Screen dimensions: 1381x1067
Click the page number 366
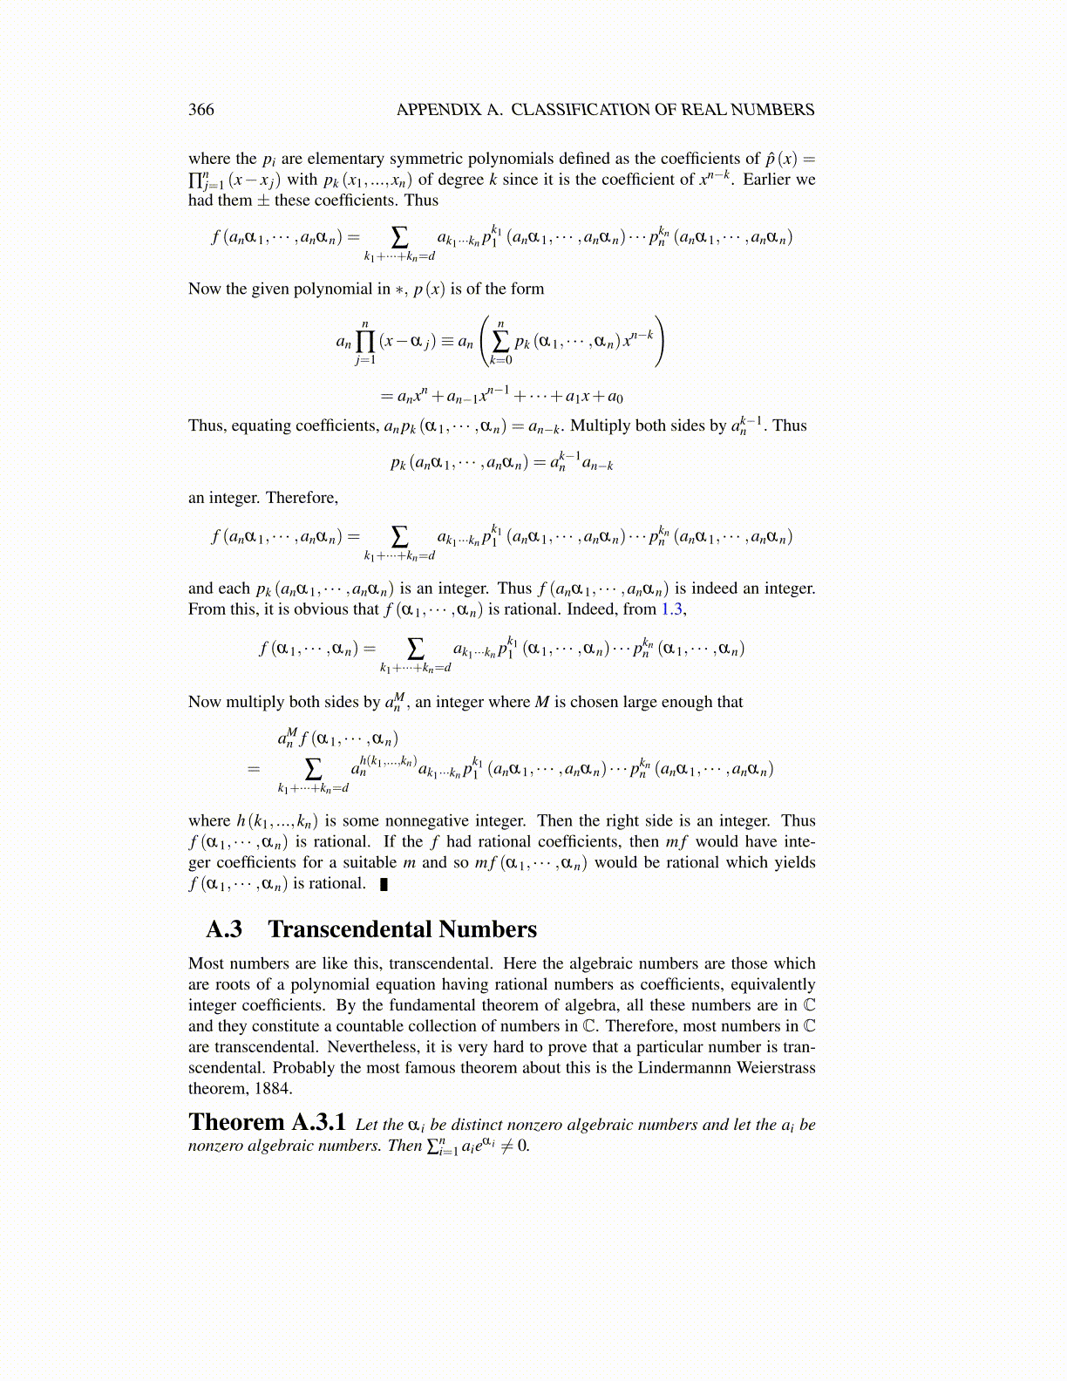coord(201,110)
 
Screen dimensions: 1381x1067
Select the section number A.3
coord(224,929)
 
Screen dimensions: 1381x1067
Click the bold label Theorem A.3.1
coord(267,1123)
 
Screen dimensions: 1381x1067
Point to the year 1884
coord(275,1089)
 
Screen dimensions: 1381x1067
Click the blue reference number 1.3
coord(671,609)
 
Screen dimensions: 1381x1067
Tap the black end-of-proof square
coord(384,885)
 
